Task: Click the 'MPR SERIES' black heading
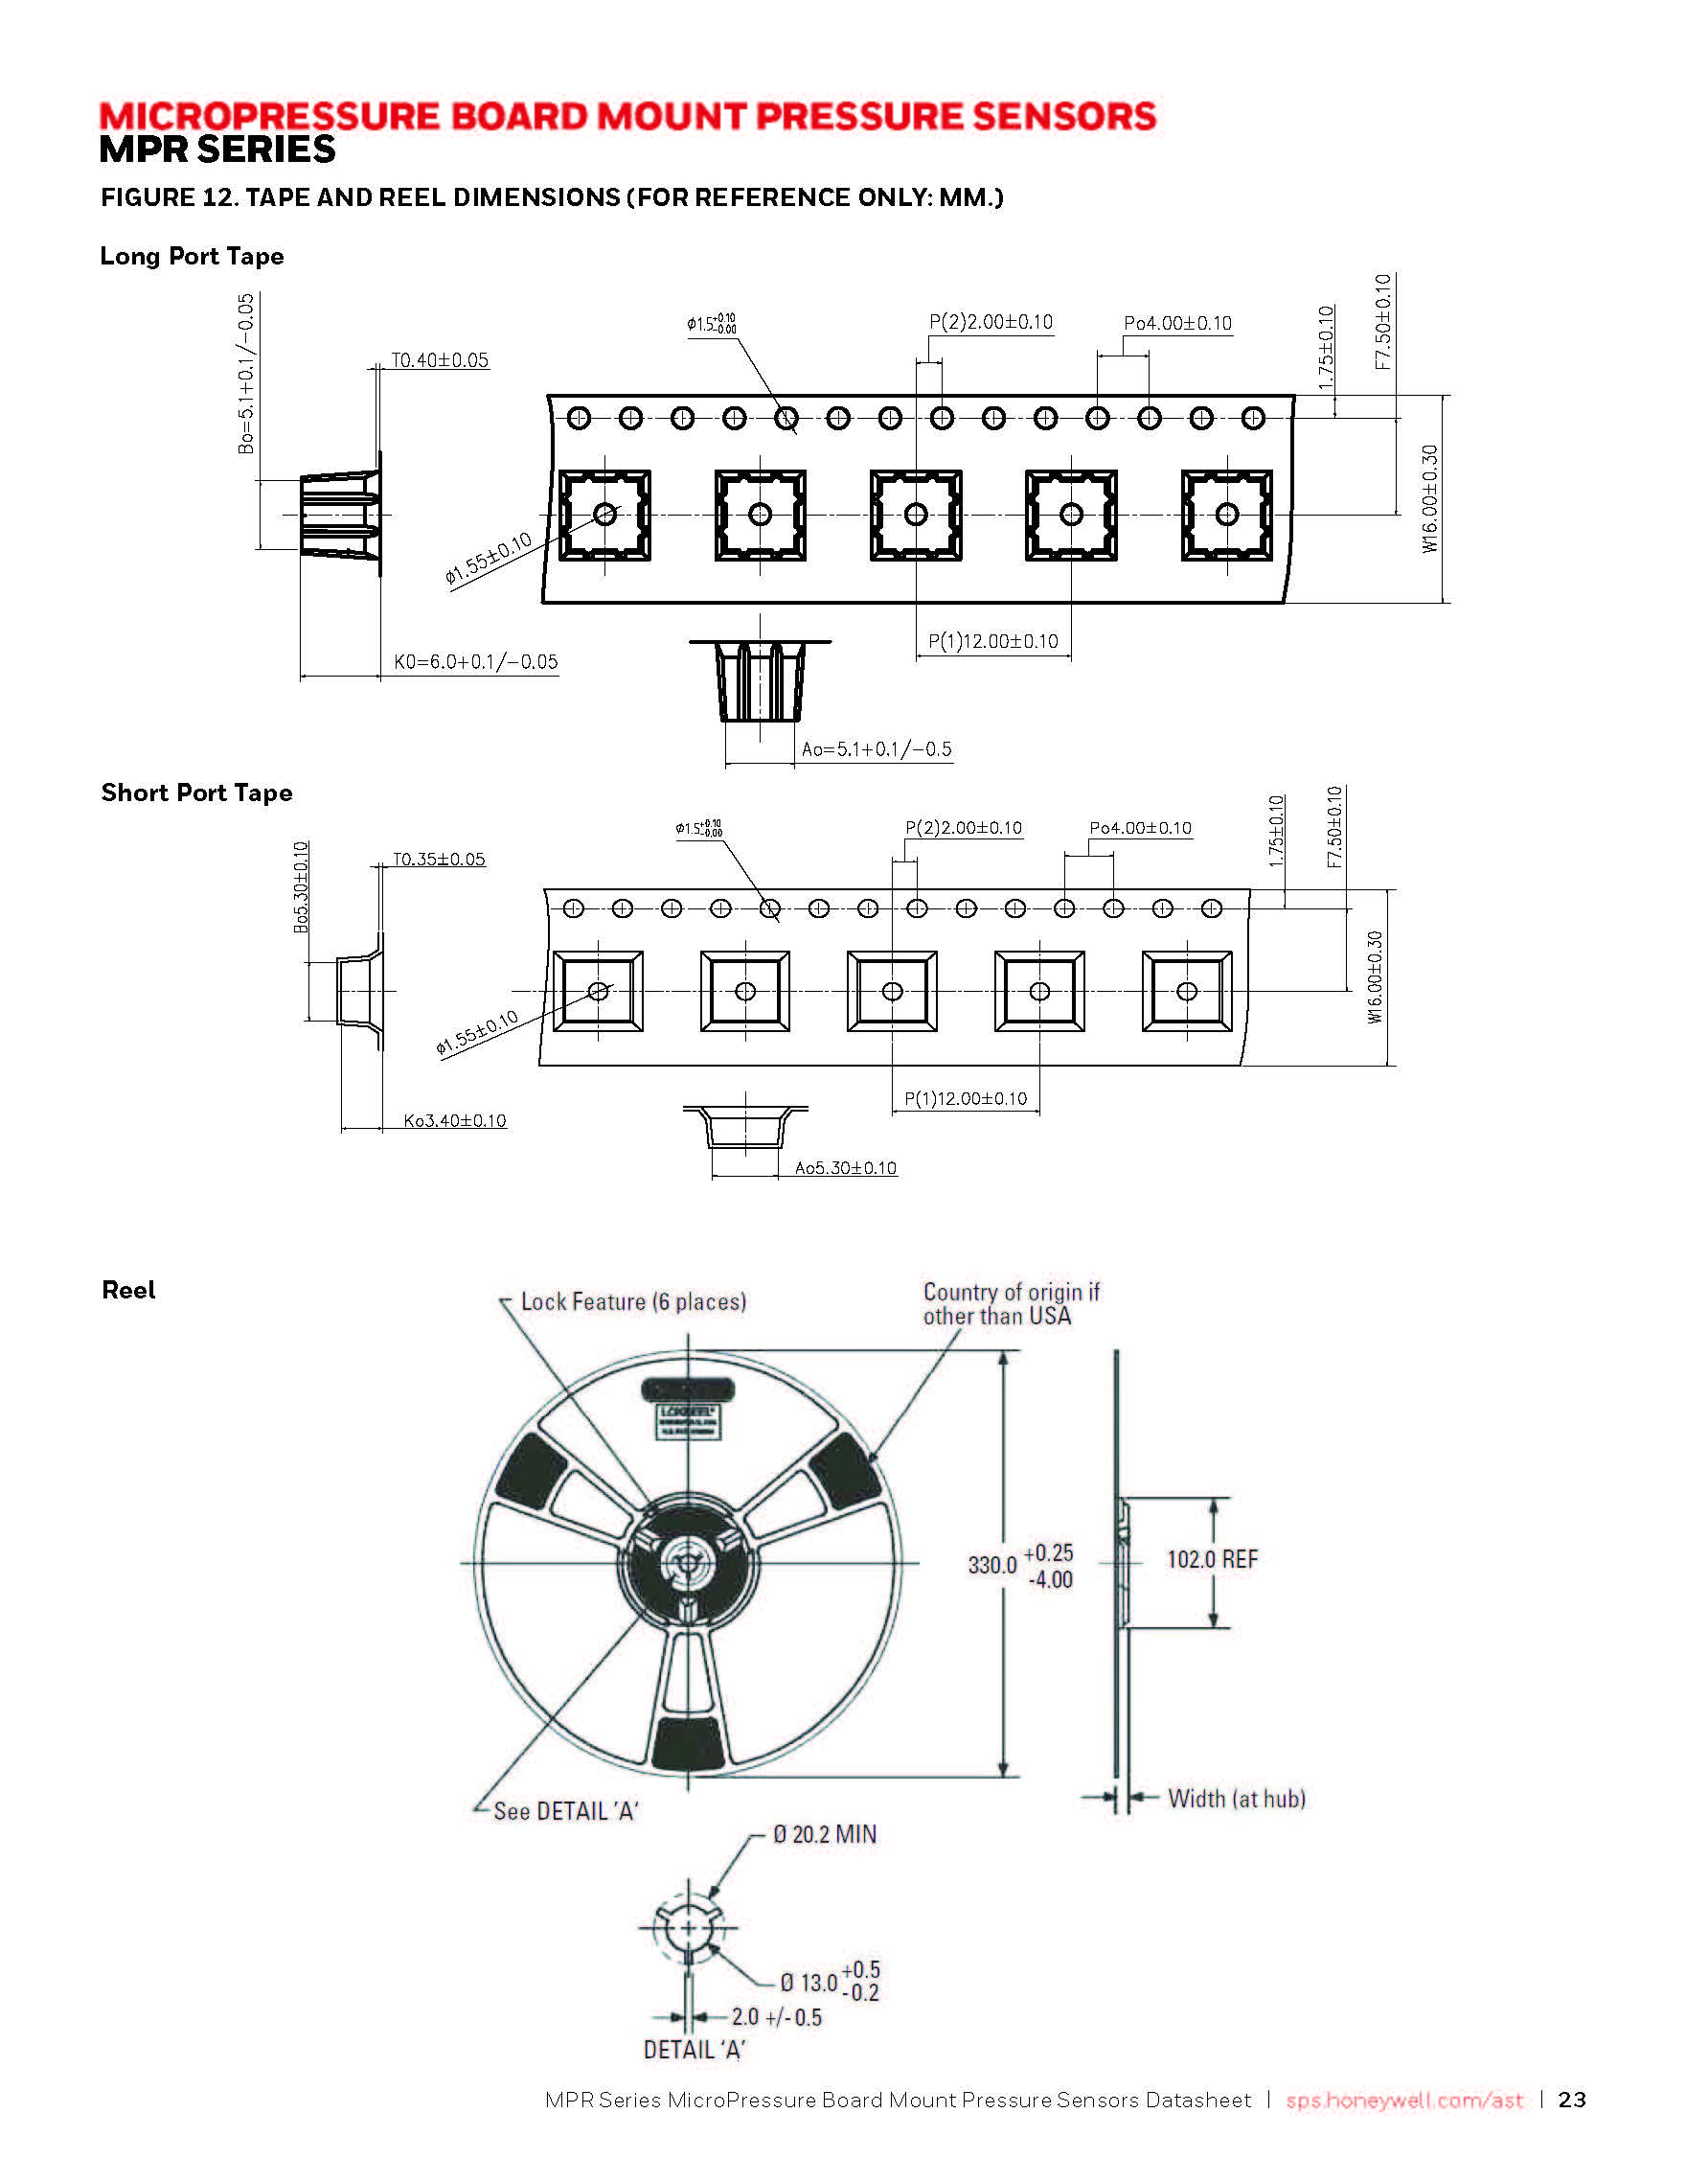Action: pos(217,149)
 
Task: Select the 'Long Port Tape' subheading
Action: pos(192,257)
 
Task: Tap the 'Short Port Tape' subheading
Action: pos(196,793)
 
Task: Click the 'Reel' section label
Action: pos(129,1291)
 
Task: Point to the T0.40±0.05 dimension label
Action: pos(440,360)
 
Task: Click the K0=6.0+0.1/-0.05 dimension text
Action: pos(475,662)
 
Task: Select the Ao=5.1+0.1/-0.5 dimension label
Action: pos(876,749)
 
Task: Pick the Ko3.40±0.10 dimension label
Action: pos(454,1121)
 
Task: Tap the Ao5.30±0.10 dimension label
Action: pos(845,1168)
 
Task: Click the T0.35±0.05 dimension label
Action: pos(439,860)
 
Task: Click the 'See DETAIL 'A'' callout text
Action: pos(565,1812)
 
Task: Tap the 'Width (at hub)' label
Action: pos(1237,1800)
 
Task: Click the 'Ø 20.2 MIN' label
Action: pos(824,1835)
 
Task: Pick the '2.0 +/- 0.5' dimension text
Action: pos(776,2018)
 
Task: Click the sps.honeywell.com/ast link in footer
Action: pos(1404,2101)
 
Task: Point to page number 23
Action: pos(1572,2101)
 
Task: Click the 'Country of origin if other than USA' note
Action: pos(1010,1305)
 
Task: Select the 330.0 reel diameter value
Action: pos(991,1565)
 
